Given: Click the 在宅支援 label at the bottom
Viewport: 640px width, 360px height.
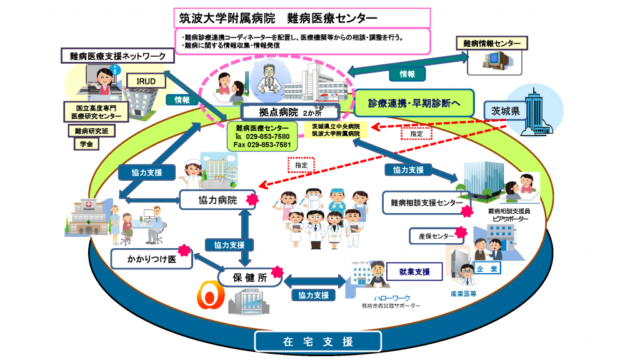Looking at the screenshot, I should tap(318, 342).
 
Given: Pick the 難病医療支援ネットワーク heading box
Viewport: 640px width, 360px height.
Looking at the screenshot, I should tap(117, 56).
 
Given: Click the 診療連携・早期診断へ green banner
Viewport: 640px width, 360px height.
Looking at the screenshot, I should tap(412, 102).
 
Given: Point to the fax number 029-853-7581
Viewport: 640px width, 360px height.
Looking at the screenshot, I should tap(262, 145).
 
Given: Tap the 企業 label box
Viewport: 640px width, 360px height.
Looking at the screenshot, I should tap(487, 269).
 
